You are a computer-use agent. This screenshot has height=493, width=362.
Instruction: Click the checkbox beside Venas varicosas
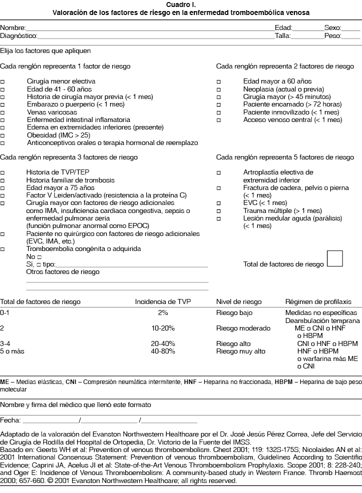click(3, 112)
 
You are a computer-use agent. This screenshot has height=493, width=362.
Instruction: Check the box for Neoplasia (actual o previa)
click(219, 89)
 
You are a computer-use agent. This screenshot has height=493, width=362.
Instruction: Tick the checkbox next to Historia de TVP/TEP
click(3, 172)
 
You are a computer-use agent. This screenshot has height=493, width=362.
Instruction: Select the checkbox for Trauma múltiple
click(219, 211)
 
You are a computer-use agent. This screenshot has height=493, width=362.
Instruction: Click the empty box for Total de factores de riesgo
click(334, 258)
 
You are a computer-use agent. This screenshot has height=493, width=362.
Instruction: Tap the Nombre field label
click(13, 28)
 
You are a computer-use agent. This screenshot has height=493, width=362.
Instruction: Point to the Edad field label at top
click(283, 28)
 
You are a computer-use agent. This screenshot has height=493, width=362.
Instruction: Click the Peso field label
click(332, 36)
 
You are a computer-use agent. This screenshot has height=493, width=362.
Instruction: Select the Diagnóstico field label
click(18, 36)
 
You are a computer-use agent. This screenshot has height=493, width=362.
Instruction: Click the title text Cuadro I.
click(181, 4)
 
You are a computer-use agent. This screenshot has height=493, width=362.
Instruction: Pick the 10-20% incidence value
click(163, 328)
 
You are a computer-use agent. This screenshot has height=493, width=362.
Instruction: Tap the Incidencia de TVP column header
click(163, 302)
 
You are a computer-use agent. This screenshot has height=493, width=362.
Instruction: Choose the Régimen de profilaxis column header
click(318, 302)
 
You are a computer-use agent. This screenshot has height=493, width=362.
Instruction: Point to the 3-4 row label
click(6, 344)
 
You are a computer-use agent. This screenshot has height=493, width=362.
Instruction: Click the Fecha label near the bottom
click(10, 419)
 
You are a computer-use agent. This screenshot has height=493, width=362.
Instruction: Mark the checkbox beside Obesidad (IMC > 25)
click(3, 135)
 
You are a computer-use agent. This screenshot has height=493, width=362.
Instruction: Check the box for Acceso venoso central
click(219, 120)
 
